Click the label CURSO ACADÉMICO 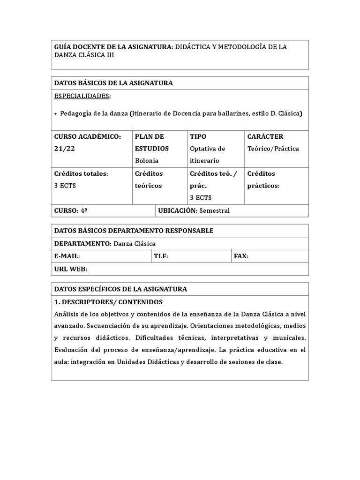point(87,136)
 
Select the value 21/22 point(64,149)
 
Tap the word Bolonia point(147,161)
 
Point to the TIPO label point(198,136)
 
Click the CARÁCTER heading point(265,136)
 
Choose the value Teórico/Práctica point(273,149)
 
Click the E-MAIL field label point(67,256)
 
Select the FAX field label point(240,256)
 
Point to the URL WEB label point(70,269)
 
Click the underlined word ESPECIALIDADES point(82,96)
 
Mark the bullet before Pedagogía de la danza point(56,113)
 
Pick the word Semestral point(214,211)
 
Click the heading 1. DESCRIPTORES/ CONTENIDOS point(108,302)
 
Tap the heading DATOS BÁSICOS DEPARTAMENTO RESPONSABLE point(134,231)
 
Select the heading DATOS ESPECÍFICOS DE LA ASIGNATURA point(120,289)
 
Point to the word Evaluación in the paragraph point(72,350)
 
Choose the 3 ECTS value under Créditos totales point(65,186)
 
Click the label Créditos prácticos point(263,180)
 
